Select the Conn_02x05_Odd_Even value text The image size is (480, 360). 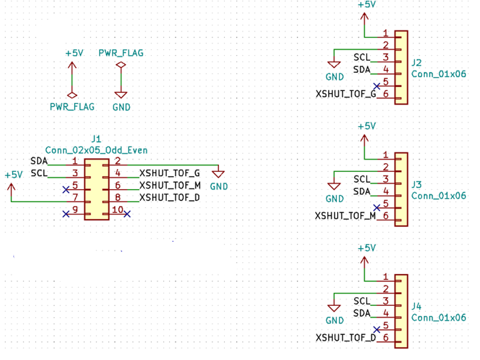[96, 150]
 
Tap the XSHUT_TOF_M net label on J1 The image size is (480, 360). [170, 186]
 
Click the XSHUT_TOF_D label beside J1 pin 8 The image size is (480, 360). [170, 198]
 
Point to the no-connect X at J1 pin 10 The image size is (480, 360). [127, 214]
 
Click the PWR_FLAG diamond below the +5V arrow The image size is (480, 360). [72, 95]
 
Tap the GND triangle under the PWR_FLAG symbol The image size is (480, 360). [121, 95]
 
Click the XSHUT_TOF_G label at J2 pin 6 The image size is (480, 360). [346, 94]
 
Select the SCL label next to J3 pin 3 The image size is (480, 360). [362, 179]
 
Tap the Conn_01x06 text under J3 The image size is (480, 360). [439, 196]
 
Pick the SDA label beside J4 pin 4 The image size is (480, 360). [362, 313]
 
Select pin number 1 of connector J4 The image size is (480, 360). [385, 276]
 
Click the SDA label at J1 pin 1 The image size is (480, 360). [39, 161]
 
